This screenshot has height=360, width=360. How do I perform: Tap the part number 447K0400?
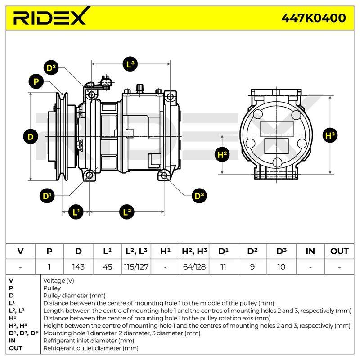[x=313, y=18]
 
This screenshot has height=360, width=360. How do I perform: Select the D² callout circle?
[x=51, y=68]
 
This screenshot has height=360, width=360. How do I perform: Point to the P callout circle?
[x=36, y=81]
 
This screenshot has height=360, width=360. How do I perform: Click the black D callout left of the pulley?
[x=31, y=137]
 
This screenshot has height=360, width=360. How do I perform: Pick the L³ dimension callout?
[x=130, y=64]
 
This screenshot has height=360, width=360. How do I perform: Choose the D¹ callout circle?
[x=47, y=196]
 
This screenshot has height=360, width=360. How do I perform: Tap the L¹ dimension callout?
[x=76, y=211]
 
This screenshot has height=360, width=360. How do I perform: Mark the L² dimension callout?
[x=127, y=211]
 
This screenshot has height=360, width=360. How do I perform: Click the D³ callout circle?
[x=199, y=196]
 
